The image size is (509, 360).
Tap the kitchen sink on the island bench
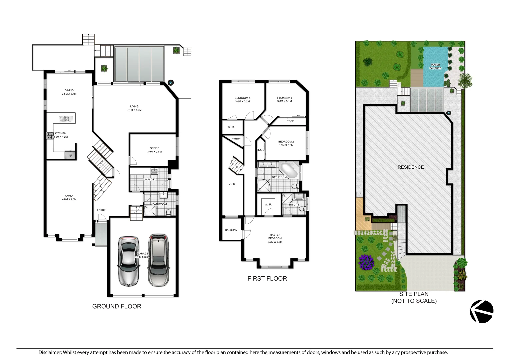pos(64,119)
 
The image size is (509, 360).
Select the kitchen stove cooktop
pos(50,135)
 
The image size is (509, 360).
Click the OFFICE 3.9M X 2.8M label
pos(154,150)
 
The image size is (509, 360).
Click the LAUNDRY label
pos(150,179)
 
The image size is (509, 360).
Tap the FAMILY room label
pos(69,197)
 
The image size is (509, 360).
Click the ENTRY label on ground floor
pos(101,210)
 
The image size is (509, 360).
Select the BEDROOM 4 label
pos(242,100)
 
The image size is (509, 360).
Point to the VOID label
pos(232,184)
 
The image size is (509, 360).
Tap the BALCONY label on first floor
pos(231,230)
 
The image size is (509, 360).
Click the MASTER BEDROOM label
pos(275,238)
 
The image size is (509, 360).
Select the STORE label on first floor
pos(236,139)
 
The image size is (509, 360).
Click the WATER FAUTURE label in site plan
pos(435,67)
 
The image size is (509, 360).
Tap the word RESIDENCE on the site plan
pos(411,167)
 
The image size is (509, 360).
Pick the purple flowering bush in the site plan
pos(367,262)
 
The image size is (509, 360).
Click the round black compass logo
pos(482,312)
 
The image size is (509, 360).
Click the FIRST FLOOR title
pos(267,279)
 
